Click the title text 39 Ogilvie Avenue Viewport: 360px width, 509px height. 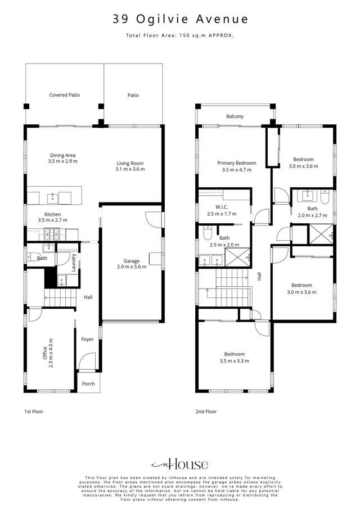(x=179, y=19)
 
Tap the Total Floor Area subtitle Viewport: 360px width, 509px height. (x=179, y=35)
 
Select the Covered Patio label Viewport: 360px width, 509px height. (x=64, y=95)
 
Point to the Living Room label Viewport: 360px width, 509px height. (x=130, y=163)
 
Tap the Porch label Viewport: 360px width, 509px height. (x=88, y=384)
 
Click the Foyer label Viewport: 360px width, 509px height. (x=88, y=339)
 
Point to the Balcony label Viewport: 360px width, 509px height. (x=235, y=116)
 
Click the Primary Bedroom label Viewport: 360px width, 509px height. (x=237, y=163)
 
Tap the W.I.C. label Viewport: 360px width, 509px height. (x=214, y=208)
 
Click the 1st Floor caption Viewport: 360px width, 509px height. (x=33, y=412)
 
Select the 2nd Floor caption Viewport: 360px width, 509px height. (x=206, y=412)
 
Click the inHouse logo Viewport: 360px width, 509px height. (x=179, y=464)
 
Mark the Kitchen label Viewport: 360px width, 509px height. (x=53, y=214)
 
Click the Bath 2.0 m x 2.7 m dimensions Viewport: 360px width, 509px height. (x=308, y=215)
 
